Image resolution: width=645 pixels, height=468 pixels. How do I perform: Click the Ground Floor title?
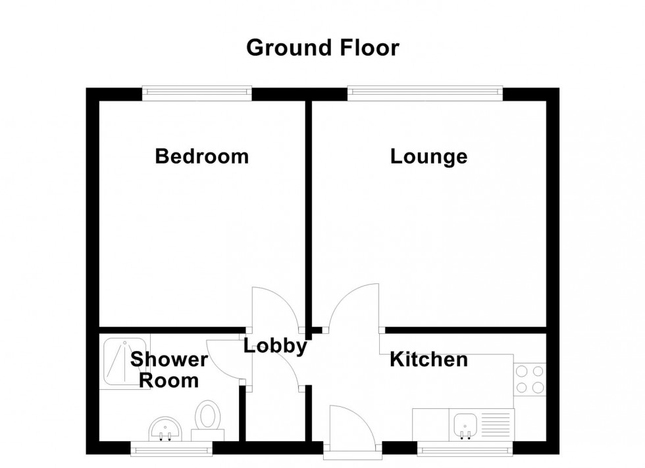(322, 48)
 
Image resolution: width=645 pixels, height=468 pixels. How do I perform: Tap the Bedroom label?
(201, 156)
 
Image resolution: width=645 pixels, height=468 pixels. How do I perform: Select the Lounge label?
(428, 156)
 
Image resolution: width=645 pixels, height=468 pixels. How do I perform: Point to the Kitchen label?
(428, 360)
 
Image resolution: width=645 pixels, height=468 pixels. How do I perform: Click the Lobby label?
(275, 346)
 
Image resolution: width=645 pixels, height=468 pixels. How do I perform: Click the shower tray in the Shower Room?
(124, 361)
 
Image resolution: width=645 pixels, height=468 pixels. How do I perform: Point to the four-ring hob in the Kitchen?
(530, 379)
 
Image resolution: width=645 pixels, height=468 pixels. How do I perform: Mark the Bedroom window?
(197, 93)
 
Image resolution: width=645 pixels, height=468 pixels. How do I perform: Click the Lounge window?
(425, 93)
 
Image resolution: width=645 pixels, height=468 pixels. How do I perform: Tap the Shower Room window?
(171, 449)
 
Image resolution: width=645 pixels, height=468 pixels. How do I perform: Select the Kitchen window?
(465, 449)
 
